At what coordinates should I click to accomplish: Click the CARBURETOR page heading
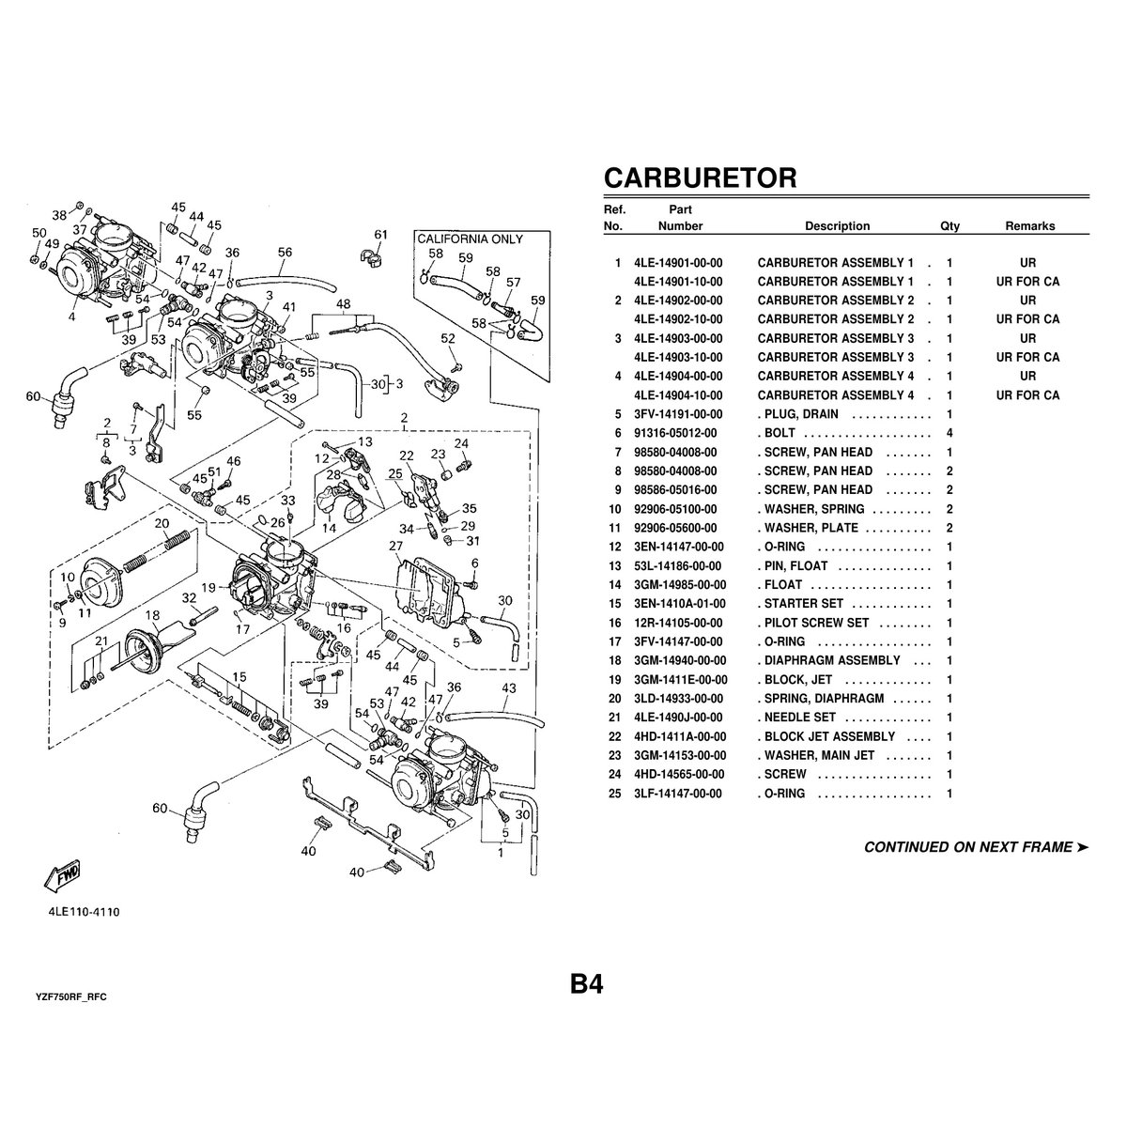700,178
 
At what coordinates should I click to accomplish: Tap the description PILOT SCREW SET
814,623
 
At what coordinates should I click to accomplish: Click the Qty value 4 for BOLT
949,433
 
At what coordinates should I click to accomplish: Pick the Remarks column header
1029,225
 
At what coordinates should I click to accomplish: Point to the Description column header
837,225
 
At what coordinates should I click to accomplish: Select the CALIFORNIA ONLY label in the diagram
470,239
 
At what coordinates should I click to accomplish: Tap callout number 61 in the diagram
380,234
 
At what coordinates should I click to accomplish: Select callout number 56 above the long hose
286,252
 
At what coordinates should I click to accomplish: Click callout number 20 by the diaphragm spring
162,523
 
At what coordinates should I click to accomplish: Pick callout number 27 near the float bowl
395,546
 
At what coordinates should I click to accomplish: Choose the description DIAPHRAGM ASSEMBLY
833,660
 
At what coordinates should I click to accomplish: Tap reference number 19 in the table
617,679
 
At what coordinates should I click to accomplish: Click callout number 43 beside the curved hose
508,688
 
